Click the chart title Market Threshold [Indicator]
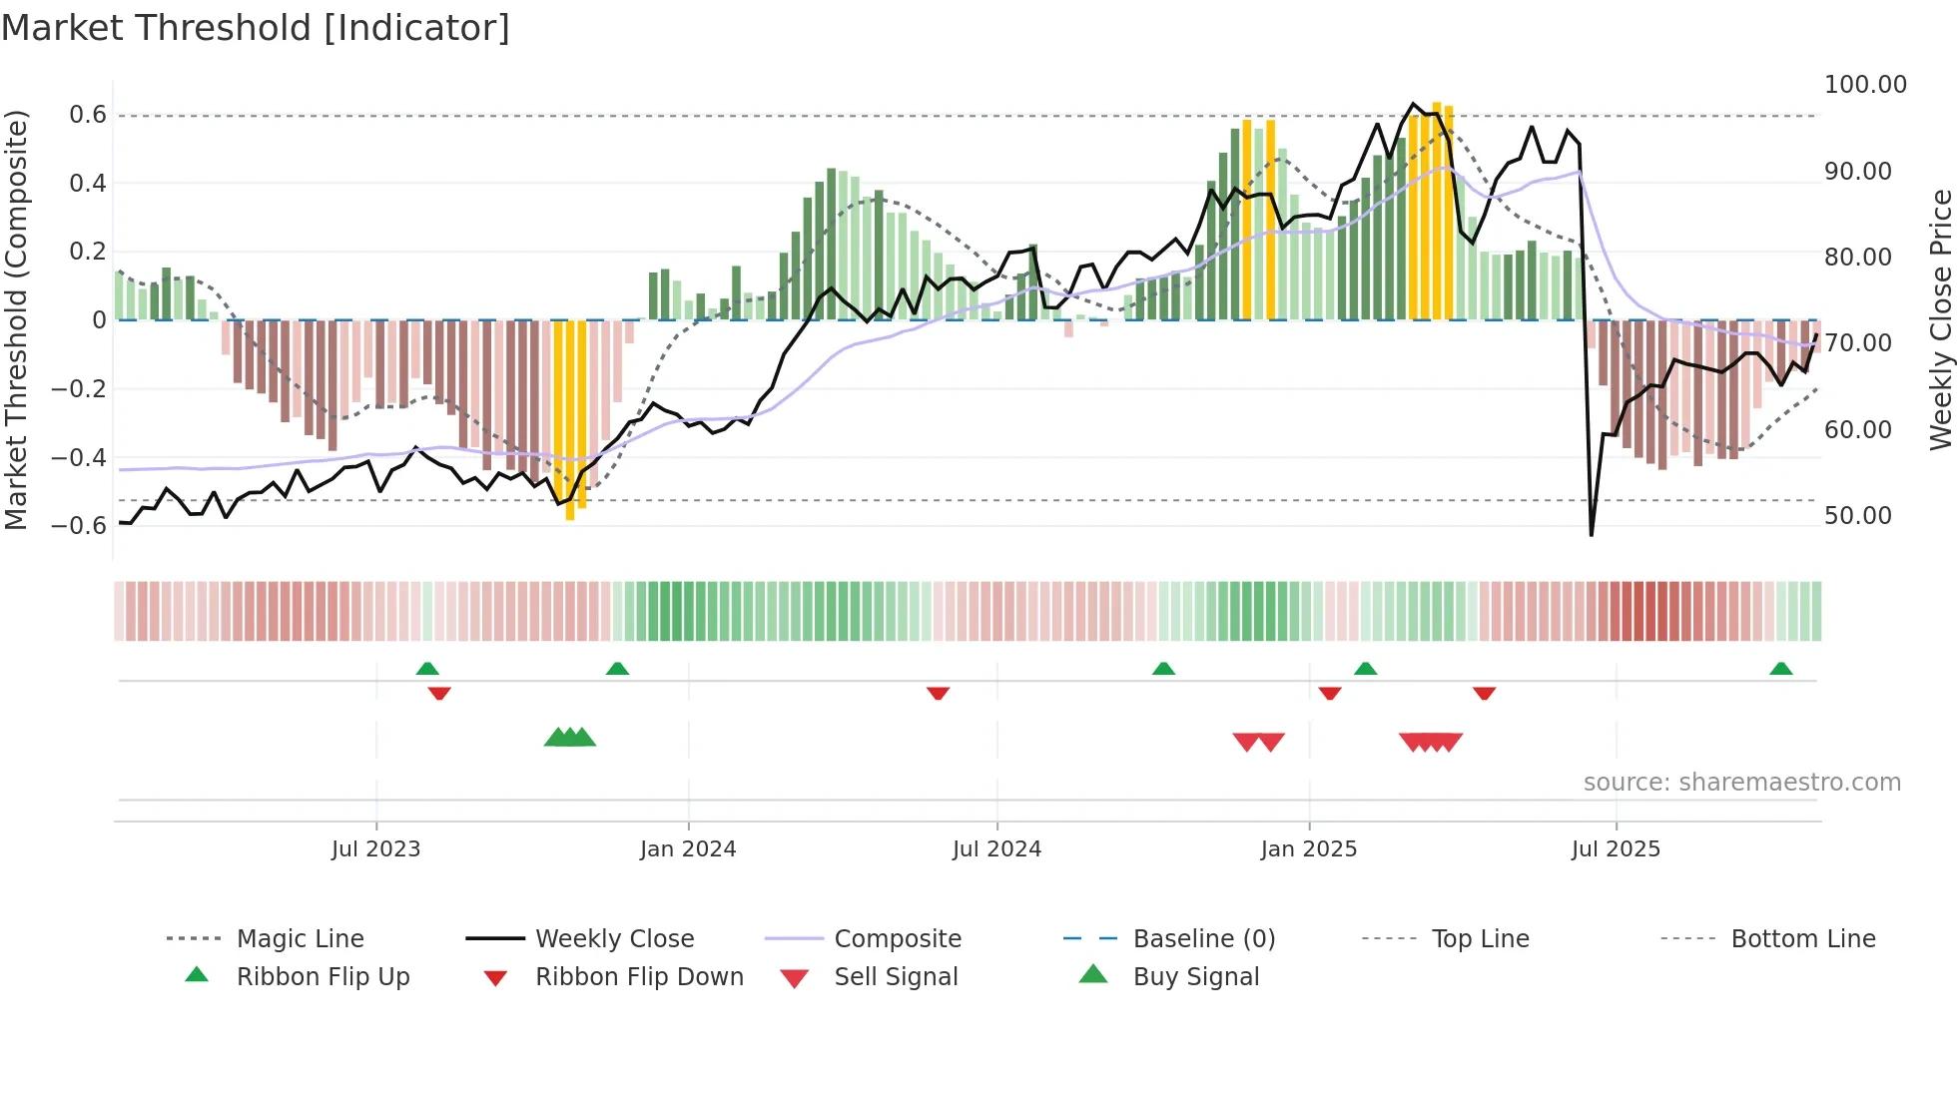point(256,28)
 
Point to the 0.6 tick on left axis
point(88,115)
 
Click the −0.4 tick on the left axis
point(80,457)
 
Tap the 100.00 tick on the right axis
point(1865,85)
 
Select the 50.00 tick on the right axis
point(1858,516)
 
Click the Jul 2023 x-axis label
point(376,849)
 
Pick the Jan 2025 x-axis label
point(1309,849)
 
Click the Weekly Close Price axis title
point(1940,319)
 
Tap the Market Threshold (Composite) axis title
point(16,319)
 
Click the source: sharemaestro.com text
point(1742,783)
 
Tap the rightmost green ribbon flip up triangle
point(1780,669)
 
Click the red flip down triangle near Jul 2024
point(938,693)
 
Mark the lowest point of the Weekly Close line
point(1592,534)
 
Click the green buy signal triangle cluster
point(570,738)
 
